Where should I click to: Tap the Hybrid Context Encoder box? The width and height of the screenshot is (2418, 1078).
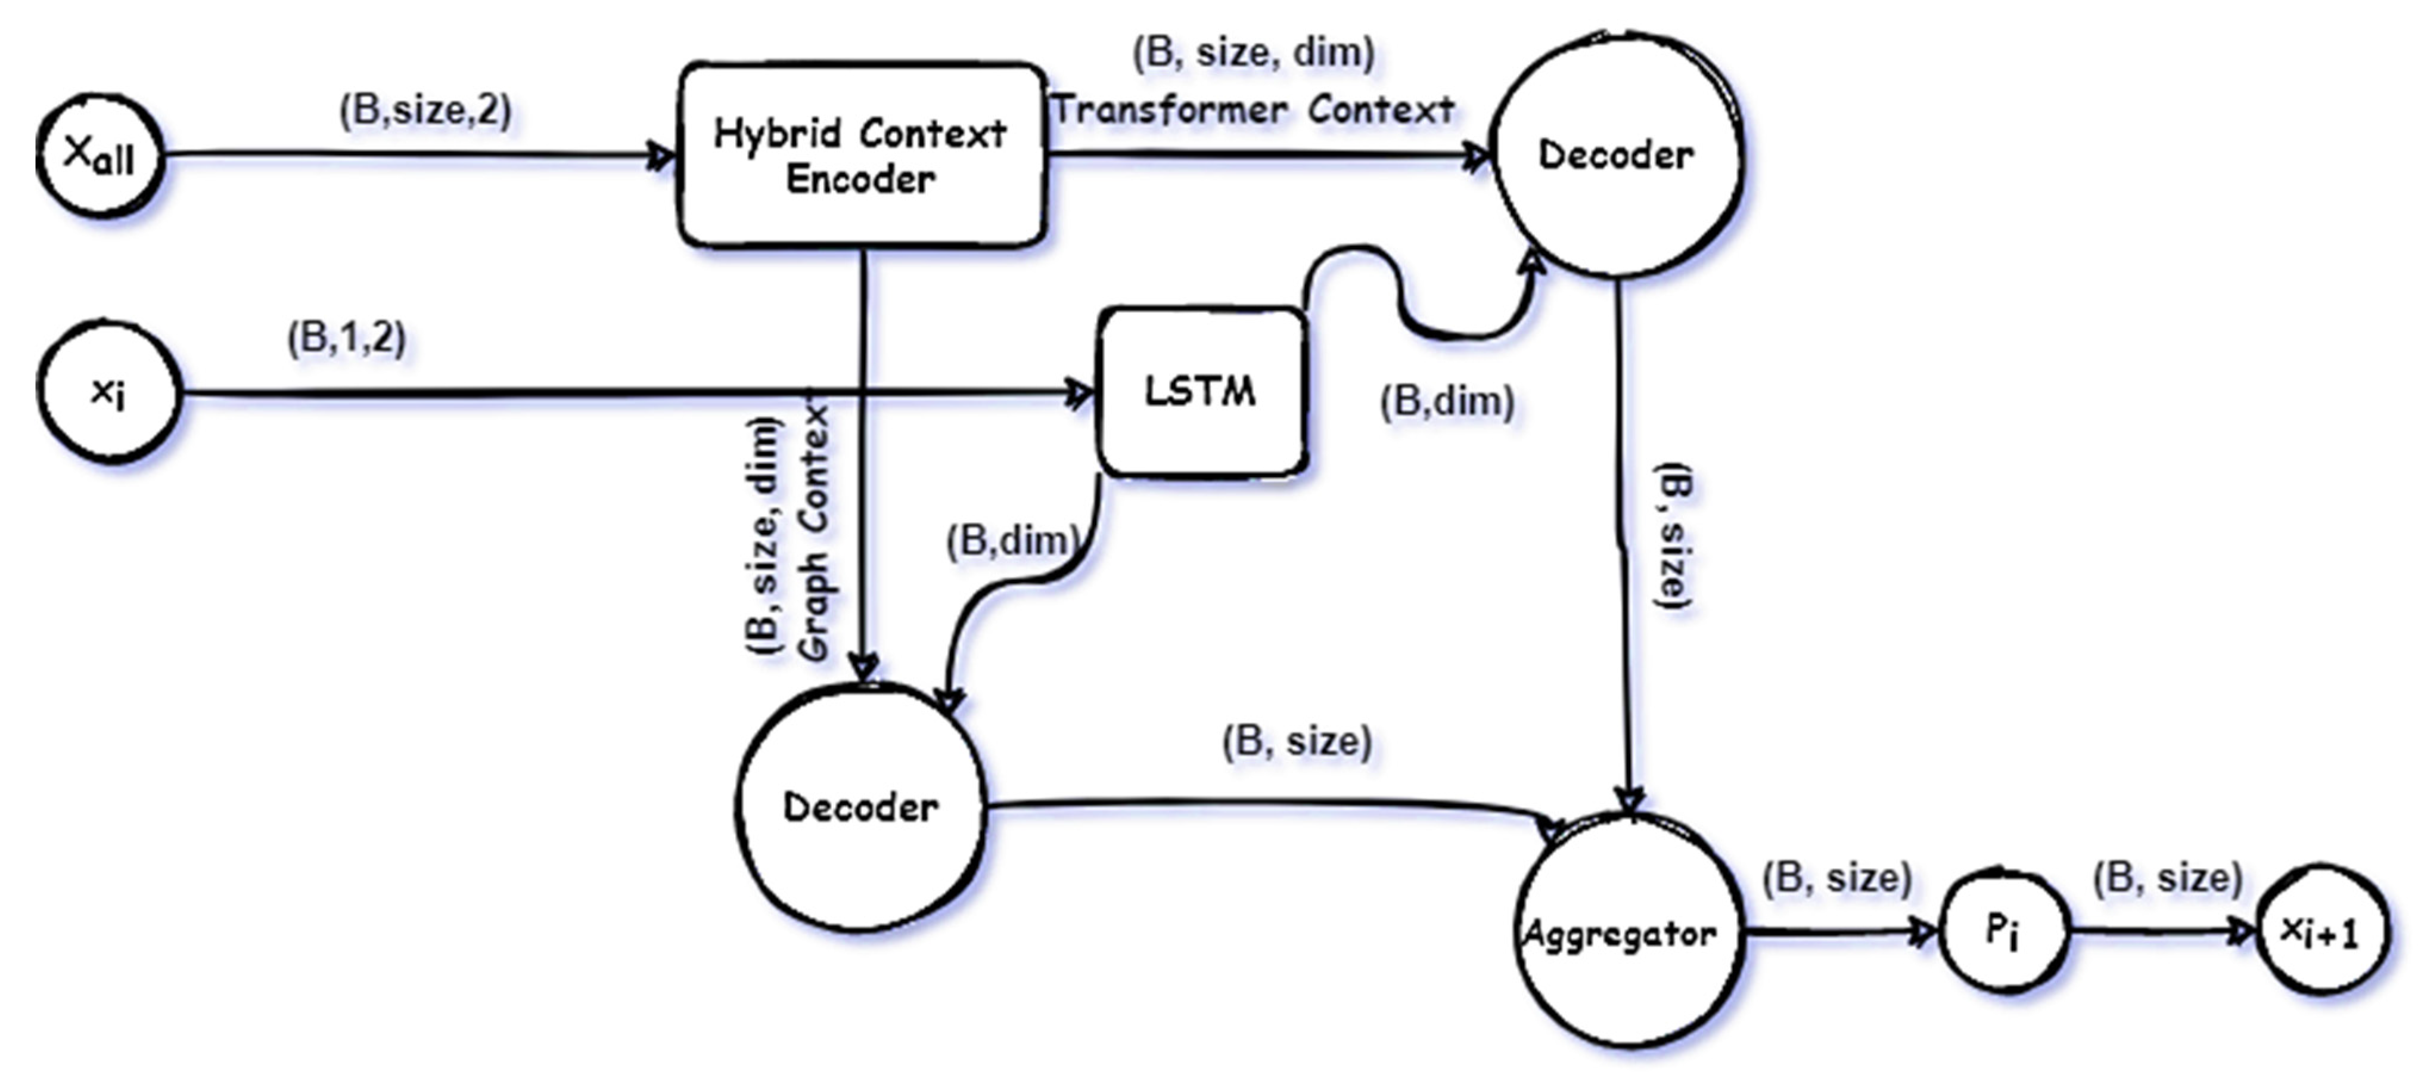(x=861, y=156)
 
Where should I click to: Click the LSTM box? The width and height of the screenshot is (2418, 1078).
(x=1201, y=392)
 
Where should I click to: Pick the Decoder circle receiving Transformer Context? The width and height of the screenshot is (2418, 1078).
(x=1617, y=155)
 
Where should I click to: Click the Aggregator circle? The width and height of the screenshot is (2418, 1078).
(x=1630, y=933)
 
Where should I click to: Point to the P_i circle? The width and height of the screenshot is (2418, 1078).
(x=2003, y=931)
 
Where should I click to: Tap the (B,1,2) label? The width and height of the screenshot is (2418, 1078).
(x=346, y=338)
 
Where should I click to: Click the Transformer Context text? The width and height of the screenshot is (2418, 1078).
(x=1253, y=110)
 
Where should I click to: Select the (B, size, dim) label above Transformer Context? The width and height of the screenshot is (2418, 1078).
(x=1253, y=52)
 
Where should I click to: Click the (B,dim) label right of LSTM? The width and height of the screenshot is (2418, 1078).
(x=1447, y=402)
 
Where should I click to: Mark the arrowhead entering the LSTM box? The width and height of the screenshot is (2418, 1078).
(x=1080, y=392)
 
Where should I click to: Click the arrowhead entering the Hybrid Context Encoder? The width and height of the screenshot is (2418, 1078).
(x=662, y=156)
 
